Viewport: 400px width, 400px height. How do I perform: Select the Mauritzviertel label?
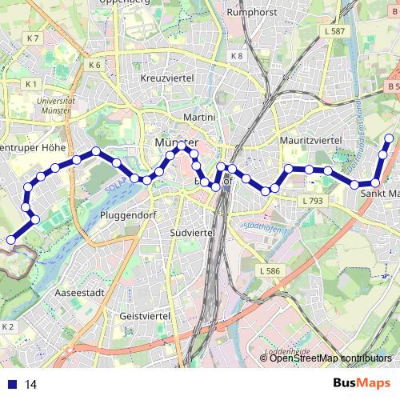pos(311,140)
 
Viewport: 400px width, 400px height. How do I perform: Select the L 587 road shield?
pos(335,31)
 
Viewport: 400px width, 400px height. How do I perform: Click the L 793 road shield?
pos(313,201)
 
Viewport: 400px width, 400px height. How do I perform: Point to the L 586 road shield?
pos(270,271)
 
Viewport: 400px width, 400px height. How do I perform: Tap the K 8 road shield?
pos(237,56)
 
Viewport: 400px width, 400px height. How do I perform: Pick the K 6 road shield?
pos(95,65)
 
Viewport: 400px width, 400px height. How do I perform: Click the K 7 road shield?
pos(32,38)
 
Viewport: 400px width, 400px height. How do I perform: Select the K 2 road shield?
pos(8,327)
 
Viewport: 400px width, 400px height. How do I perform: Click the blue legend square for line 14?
pos(10,384)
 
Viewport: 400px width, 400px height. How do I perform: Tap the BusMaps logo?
pos(362,383)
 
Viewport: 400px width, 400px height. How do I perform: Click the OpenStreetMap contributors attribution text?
pos(330,358)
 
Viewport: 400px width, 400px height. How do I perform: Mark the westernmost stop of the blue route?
pos(11,239)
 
